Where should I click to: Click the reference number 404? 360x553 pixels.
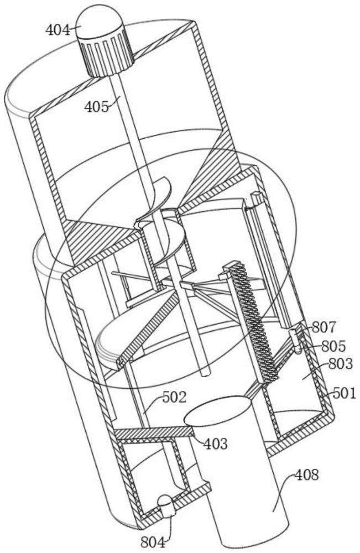point(58,30)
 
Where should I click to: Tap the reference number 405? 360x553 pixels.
point(97,106)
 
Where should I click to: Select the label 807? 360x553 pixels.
point(324,327)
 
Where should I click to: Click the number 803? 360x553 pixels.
point(340,364)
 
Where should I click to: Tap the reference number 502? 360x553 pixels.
point(174,398)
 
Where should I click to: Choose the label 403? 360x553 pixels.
point(216,444)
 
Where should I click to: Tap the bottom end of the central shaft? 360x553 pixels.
point(205,372)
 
